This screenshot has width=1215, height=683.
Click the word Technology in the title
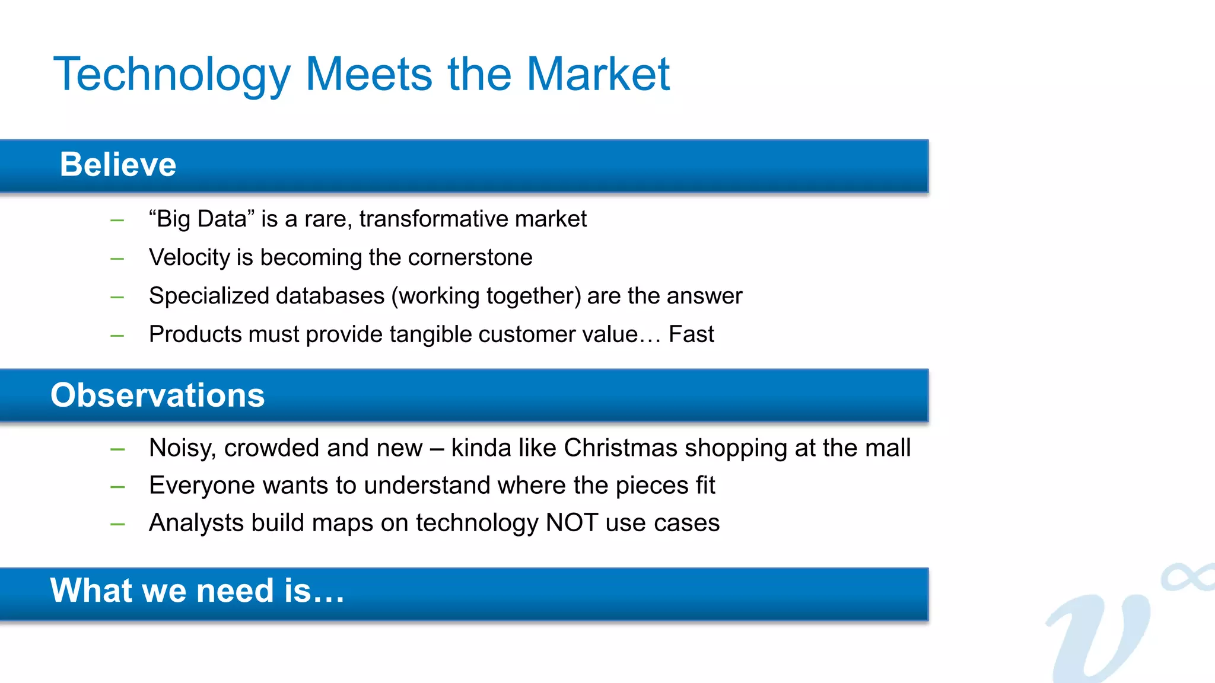click(172, 75)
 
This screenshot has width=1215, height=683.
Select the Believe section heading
click(118, 164)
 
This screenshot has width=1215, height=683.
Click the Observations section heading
click(157, 395)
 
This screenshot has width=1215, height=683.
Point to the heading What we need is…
click(197, 591)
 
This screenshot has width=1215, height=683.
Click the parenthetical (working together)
click(486, 296)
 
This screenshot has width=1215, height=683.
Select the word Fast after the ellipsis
click(691, 334)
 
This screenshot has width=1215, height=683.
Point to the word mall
click(888, 448)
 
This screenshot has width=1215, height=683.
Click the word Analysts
click(196, 523)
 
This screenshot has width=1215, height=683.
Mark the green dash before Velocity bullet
click(117, 259)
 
